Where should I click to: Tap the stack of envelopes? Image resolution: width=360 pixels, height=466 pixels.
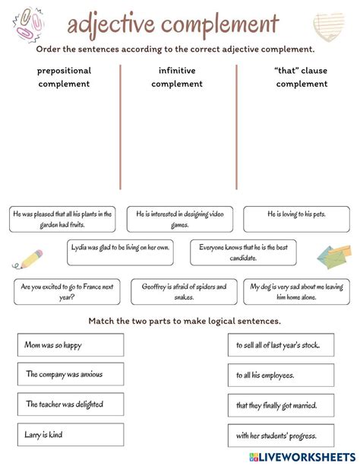[334, 256]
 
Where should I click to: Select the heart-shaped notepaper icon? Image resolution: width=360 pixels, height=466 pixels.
[329, 27]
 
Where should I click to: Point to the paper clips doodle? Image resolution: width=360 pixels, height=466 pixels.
[28, 25]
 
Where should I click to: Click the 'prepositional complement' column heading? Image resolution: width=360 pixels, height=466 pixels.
[64, 78]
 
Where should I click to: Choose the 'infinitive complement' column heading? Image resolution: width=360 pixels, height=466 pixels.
[177, 78]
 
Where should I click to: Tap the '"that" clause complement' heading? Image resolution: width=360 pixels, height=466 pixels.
[302, 78]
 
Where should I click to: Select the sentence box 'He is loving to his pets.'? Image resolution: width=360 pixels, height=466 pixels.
[296, 219]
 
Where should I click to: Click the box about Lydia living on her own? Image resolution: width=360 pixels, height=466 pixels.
[120, 252]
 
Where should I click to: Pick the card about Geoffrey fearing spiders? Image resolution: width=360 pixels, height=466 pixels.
[184, 292]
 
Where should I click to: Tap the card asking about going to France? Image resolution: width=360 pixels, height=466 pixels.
[67, 292]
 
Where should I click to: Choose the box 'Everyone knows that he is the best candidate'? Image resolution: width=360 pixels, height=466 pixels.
[243, 252]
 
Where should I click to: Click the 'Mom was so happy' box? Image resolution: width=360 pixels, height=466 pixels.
[71, 344]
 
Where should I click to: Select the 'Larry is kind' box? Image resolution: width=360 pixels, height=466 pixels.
[71, 435]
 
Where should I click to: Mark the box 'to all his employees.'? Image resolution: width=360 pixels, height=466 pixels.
[281, 375]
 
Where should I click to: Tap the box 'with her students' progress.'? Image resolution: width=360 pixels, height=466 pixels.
[281, 436]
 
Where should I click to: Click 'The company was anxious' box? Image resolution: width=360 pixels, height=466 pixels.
[71, 374]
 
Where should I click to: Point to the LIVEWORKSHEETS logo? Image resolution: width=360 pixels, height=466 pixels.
[302, 457]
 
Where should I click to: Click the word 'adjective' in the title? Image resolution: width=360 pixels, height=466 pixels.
[111, 24]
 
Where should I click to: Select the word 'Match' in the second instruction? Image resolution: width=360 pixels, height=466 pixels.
[101, 321]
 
